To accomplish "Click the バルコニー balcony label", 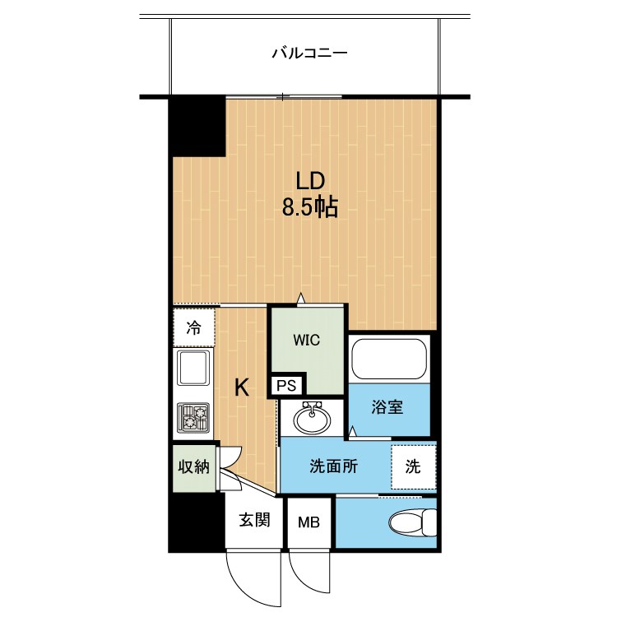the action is pyautogui.click(x=310, y=53).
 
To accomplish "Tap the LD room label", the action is pyautogui.click(x=310, y=181).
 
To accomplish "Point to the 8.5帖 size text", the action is pyautogui.click(x=310, y=207).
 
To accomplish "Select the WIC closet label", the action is pyautogui.click(x=307, y=340).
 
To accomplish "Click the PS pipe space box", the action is pyautogui.click(x=286, y=385).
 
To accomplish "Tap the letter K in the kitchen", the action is pyautogui.click(x=242, y=388).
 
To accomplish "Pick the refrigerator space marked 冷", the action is pyautogui.click(x=194, y=327).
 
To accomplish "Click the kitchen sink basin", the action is pyautogui.click(x=193, y=368).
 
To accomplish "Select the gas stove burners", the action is pyautogui.click(x=193, y=417).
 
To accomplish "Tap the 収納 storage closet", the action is pyautogui.click(x=194, y=468).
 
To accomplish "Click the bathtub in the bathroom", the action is pyautogui.click(x=389, y=359).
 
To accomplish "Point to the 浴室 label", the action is pyautogui.click(x=387, y=407).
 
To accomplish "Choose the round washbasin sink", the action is pyautogui.click(x=312, y=419).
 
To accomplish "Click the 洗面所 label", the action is pyautogui.click(x=334, y=466).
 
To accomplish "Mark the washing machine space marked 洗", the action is pyautogui.click(x=414, y=467).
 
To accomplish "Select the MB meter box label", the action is pyautogui.click(x=308, y=522).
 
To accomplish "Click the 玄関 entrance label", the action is pyautogui.click(x=254, y=520).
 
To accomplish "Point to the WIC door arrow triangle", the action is pyautogui.click(x=301, y=298).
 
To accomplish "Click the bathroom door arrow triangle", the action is pyautogui.click(x=353, y=431).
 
